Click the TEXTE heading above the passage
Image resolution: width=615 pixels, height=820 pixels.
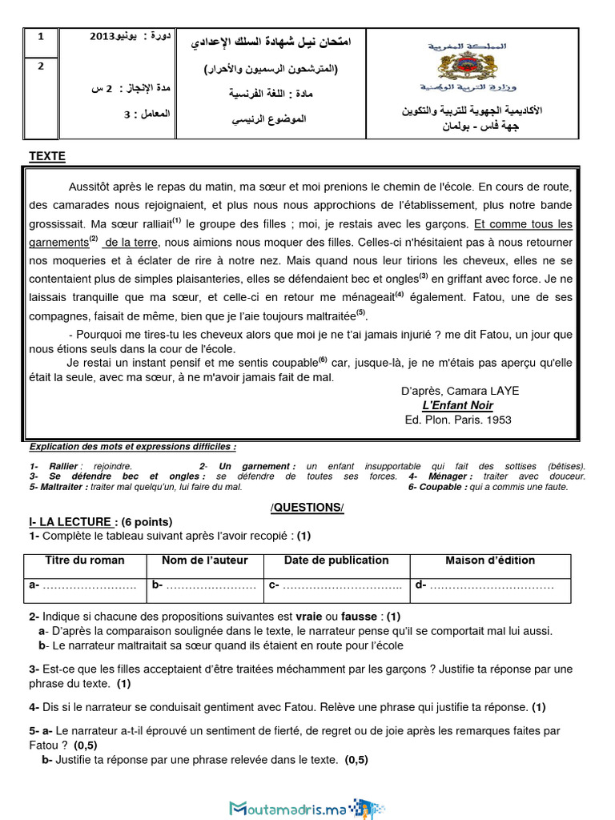[x=47, y=156]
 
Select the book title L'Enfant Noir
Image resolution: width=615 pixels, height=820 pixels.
[x=458, y=405]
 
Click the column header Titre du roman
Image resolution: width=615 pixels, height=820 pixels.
[x=85, y=561]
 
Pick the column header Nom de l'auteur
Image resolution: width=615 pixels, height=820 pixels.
[x=205, y=561]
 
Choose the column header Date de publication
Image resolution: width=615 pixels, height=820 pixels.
[x=336, y=561]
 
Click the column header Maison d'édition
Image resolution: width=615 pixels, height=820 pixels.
[x=490, y=561]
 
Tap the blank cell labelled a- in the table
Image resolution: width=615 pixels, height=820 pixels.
[x=85, y=586]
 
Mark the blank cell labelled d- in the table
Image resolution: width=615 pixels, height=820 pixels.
[x=490, y=586]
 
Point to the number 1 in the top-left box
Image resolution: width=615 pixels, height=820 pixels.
[x=42, y=37]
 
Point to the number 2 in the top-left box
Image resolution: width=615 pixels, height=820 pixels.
[x=42, y=66]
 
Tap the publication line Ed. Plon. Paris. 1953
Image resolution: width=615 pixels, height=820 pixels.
[x=458, y=420]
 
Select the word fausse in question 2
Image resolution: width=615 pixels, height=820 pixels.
[x=360, y=617]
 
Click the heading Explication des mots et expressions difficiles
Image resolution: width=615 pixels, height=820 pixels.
[x=132, y=447]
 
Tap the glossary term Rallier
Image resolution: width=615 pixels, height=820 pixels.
[x=63, y=466]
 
